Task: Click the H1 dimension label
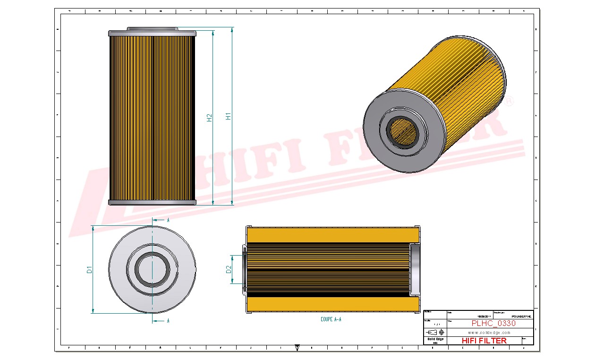[228, 116]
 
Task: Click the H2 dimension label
[209, 118]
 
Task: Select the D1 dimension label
[89, 270]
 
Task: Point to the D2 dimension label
[229, 269]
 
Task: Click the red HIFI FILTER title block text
[484, 341]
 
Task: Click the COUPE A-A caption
[331, 320]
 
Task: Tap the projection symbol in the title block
[437, 332]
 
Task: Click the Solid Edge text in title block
[435, 339]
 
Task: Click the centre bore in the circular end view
[152, 269]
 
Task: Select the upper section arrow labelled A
[161, 220]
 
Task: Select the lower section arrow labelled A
[161, 321]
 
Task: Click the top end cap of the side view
[152, 34]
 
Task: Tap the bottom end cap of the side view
[152, 203]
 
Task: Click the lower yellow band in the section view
[333, 304]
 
